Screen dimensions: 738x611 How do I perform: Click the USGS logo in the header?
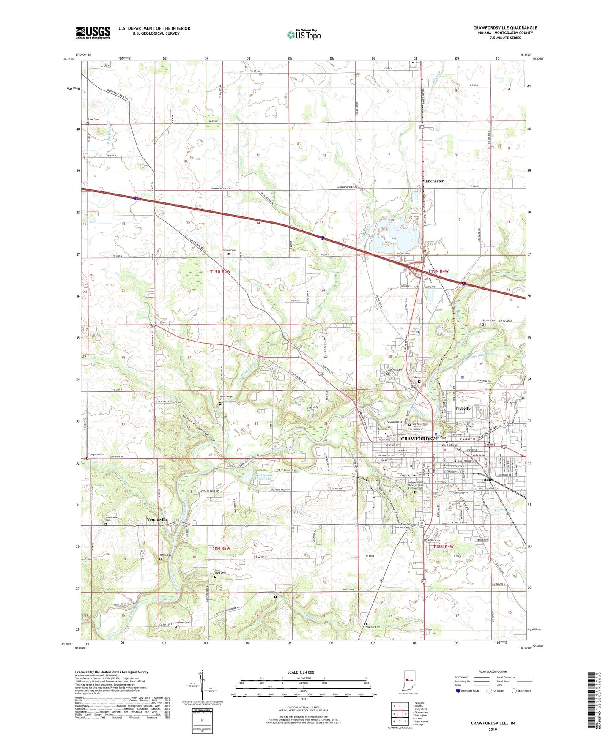(93, 33)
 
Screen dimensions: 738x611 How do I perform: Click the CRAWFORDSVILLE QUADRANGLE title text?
(505, 28)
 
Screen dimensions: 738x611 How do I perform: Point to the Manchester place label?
(433, 181)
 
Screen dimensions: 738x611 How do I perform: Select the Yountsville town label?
(157, 519)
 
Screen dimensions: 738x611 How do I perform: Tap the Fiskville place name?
(463, 409)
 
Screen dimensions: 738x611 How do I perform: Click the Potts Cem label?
(93, 120)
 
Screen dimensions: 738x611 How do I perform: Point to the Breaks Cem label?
(229, 250)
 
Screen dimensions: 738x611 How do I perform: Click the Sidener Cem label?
(373, 627)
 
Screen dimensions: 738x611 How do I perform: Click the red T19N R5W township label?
(220, 271)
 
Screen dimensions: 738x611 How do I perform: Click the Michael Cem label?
(183, 623)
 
